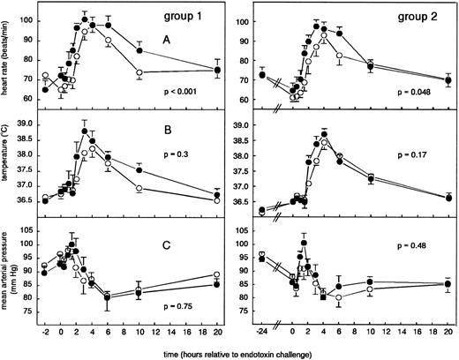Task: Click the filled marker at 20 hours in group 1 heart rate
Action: pyautogui.click(x=218, y=69)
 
